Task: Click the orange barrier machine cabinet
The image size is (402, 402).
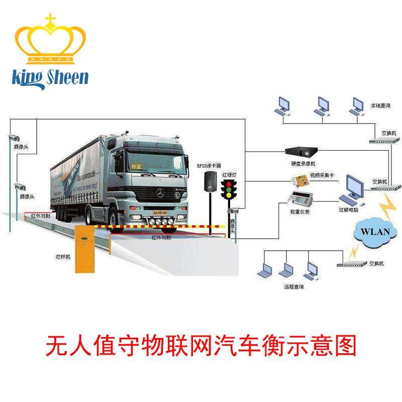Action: coord(86,249)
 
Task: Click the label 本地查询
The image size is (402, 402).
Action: coord(380,106)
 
